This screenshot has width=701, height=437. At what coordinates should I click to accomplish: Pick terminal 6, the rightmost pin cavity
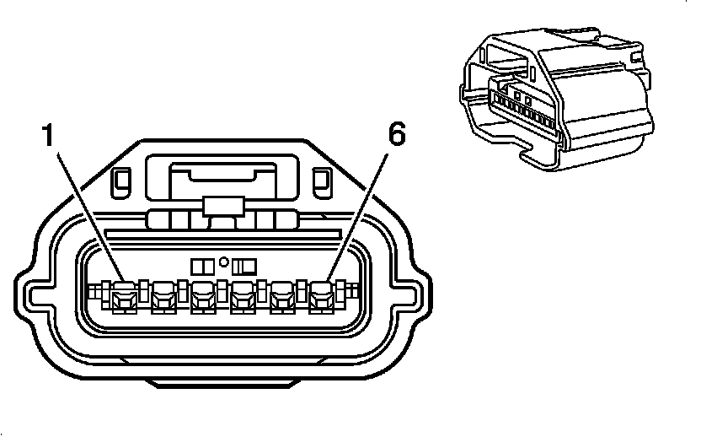coord(322,295)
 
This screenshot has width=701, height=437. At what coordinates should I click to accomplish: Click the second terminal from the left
coord(163,295)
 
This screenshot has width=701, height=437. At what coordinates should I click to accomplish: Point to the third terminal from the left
coord(203,295)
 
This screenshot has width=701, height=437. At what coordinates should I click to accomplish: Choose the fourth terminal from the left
coord(243,295)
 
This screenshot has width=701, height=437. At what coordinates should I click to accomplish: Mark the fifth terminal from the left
coord(282,295)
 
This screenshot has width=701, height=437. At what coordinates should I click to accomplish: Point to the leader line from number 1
coord(84,211)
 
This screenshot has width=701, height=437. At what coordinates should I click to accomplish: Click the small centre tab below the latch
coord(223,205)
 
